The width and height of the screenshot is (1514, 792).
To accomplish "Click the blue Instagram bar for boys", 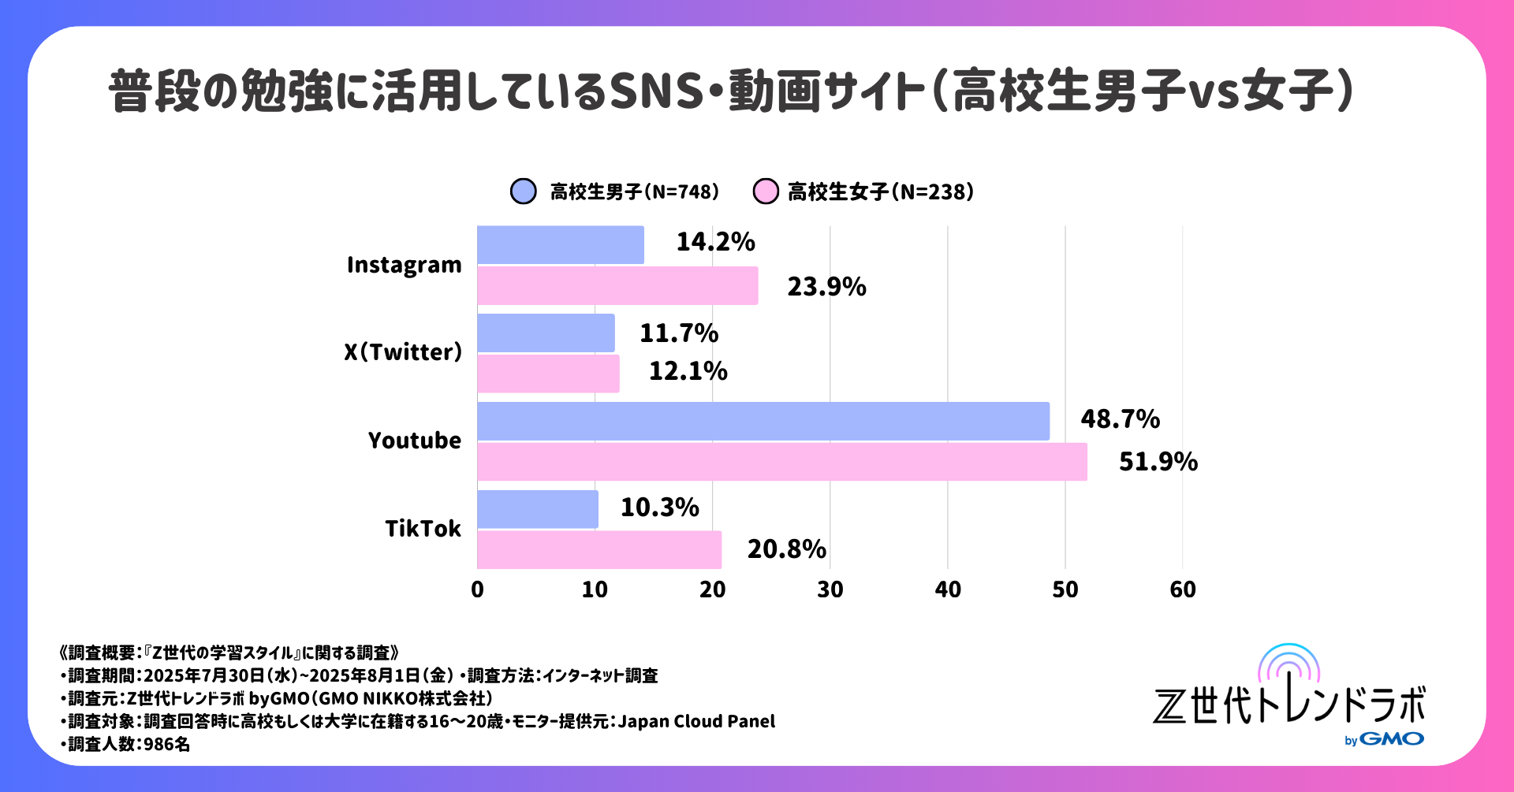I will [x=560, y=245].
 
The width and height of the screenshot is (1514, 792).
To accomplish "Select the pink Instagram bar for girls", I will [x=617, y=285].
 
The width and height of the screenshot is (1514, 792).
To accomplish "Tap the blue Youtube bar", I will [x=763, y=421].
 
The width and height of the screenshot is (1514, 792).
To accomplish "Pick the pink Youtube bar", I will [x=781, y=462].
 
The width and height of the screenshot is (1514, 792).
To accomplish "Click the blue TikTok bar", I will [x=537, y=509].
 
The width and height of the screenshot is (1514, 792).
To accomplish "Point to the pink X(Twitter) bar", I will [x=548, y=374].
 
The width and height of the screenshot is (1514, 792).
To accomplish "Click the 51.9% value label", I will [x=1158, y=462].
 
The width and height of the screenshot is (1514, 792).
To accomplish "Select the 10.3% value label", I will [x=659, y=508].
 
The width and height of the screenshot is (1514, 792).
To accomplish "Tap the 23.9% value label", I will [x=826, y=287].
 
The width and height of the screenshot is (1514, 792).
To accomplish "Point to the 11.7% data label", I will [x=678, y=333].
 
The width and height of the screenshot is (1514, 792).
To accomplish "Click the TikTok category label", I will [x=423, y=529].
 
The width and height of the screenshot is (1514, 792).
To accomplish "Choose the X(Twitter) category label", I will [x=403, y=352].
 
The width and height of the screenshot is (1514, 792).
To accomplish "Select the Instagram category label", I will [x=404, y=266].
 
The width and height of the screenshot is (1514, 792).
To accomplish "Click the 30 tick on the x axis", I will [x=830, y=589].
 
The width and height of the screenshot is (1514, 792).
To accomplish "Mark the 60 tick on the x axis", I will [x=1182, y=589].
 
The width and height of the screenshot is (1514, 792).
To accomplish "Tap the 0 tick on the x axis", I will [x=477, y=589].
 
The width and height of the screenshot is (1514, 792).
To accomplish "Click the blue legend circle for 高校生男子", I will [x=524, y=191].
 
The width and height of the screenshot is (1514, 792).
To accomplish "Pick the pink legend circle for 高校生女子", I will [x=765, y=191].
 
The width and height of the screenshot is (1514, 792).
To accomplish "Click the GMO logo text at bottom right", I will [x=1391, y=739].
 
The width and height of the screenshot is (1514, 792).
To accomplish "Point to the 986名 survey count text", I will [x=166, y=745].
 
